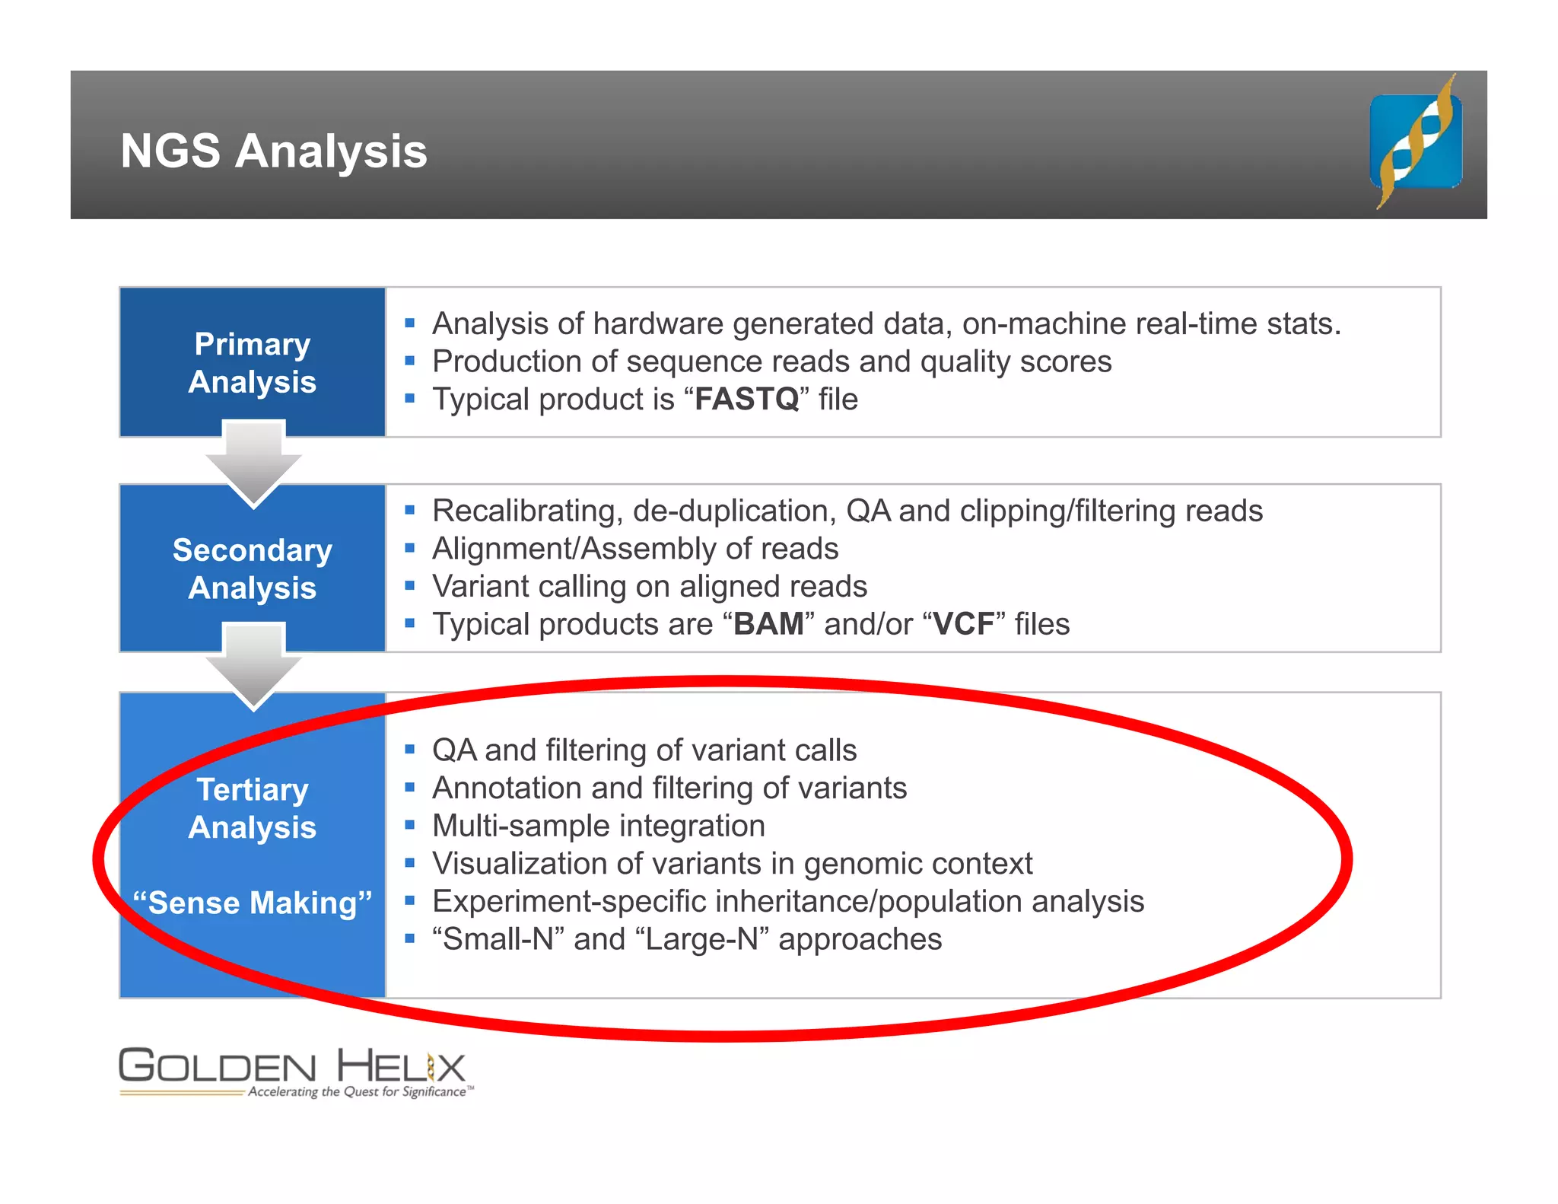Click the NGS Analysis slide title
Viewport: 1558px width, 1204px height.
274,151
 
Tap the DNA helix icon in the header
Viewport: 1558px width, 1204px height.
1416,142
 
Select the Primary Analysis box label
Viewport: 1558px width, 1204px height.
252,363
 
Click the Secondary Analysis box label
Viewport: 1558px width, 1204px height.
252,569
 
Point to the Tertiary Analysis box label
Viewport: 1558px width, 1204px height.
252,808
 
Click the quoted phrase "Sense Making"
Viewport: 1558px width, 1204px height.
252,903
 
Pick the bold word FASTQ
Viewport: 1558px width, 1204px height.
746,400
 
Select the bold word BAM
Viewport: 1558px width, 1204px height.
768,625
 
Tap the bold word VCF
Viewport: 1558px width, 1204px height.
964,625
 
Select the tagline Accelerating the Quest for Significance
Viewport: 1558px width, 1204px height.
358,1092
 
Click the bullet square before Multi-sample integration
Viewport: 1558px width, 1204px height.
410,826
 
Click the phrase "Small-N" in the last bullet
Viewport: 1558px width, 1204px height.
498,940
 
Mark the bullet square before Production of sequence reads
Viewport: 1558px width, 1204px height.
410,362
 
